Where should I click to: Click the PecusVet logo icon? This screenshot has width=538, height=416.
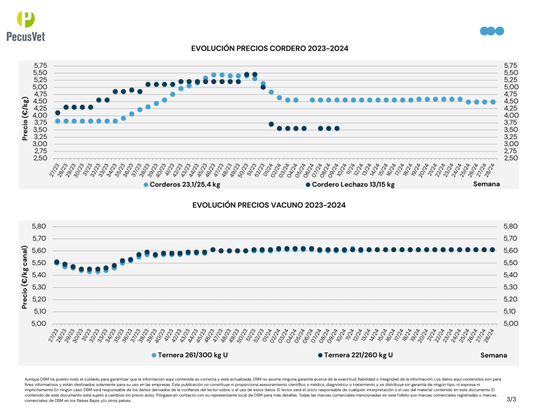tap(26, 19)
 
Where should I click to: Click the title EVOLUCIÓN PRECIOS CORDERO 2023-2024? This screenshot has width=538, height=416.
tap(270, 48)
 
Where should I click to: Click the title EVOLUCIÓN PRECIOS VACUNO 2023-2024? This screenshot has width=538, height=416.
tap(269, 205)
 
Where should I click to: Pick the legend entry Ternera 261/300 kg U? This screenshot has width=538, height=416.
tap(189, 355)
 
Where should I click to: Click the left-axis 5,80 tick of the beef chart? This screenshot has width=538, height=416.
tap(39, 227)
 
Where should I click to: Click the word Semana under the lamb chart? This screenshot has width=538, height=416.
tap(487, 184)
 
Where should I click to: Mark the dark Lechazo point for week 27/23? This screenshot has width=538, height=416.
tap(58, 113)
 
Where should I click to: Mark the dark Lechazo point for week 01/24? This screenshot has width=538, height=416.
tap(271, 124)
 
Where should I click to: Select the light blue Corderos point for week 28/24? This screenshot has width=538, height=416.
tap(493, 102)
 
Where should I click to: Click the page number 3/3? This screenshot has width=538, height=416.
tap(511, 400)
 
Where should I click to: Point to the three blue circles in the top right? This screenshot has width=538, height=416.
tap(492, 31)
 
